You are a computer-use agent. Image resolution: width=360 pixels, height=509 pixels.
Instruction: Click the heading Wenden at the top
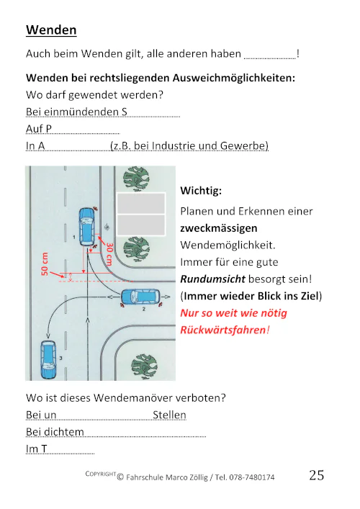coord(51,30)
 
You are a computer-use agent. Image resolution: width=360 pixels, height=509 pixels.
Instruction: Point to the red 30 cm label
coord(109,254)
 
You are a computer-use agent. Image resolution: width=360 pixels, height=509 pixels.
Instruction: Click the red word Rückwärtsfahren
coord(222,330)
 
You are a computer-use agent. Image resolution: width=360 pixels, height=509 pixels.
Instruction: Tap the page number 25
coord(316,475)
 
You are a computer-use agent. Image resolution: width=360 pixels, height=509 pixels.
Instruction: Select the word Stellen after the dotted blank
coord(169,415)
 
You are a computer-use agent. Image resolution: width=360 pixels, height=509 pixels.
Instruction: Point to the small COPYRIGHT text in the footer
coord(100,474)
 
